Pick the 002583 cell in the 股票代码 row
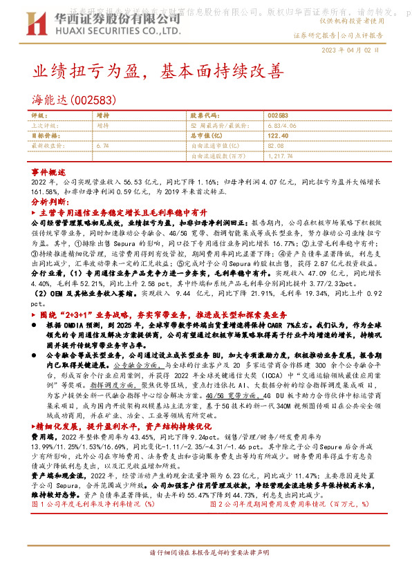277,116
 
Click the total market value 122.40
278,136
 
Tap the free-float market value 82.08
276,146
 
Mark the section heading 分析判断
50,201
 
